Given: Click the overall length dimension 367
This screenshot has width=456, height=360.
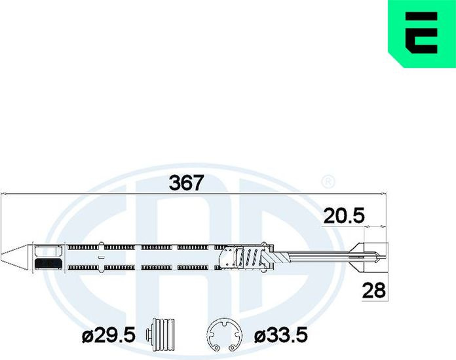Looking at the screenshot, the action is coord(186,183).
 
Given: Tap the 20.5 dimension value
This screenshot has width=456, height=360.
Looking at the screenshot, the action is coord(344,216).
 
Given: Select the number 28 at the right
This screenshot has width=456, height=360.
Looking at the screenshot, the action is coord(373,291).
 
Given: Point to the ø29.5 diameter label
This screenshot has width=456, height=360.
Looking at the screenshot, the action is coord(109,335).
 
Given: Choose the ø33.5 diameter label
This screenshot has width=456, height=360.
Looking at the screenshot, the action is coord(281,335).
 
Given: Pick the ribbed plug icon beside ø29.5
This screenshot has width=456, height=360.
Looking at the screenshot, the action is coord(161,334).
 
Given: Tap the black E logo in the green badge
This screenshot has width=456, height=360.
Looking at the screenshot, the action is coord(421,33).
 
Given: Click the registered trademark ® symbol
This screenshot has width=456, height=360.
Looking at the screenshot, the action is coord(328,181).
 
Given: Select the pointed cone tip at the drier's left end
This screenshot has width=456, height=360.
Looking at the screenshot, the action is coord(14,255).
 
